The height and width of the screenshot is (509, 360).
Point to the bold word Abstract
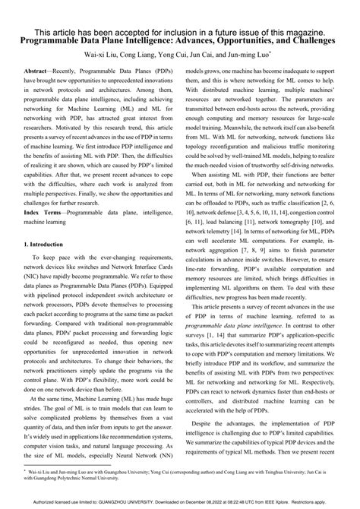[x=39, y=69]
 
